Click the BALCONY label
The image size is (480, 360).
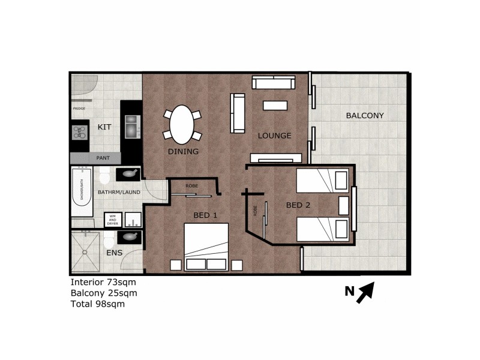click(365, 115)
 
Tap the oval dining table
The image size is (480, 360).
click(182, 125)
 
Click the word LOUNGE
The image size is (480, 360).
click(274, 136)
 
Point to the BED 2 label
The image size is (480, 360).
click(298, 205)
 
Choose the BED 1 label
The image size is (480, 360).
click(205, 215)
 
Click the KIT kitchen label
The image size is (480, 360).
click(104, 127)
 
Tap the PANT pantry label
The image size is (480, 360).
click(103, 158)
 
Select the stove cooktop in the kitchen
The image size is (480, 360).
click(80, 132)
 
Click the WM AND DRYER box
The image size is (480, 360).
click(112, 220)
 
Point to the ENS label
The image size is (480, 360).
click(114, 253)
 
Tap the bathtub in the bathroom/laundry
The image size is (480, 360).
click(82, 192)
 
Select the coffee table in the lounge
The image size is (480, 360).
click(275, 106)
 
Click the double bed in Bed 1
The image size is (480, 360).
click(206, 246)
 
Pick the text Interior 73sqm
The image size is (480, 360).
click(103, 282)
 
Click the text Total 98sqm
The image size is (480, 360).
click(98, 304)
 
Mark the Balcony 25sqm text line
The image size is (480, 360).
click(104, 293)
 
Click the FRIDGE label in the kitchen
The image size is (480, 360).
click(79, 109)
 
